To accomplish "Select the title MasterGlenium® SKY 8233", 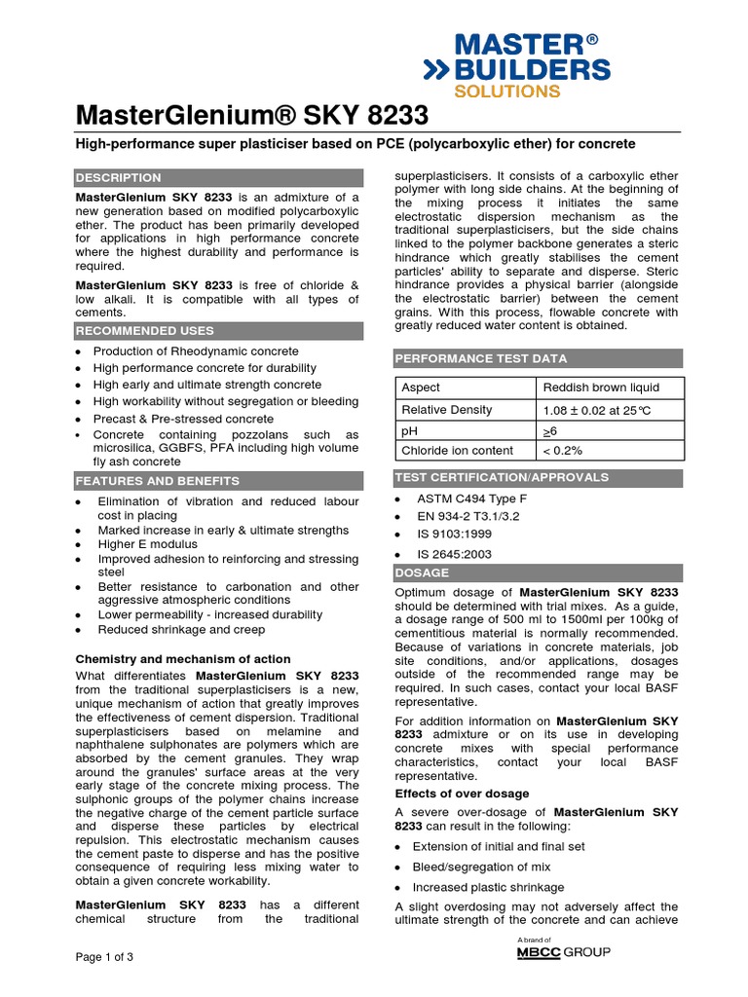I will point(252,116).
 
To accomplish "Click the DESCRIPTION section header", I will point(119,178).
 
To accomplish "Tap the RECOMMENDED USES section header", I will point(145,331).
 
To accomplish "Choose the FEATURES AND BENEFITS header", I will point(158,481).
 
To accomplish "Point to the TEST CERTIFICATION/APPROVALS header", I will point(501,477).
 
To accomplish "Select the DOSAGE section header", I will point(422,572).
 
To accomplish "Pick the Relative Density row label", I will point(447,410).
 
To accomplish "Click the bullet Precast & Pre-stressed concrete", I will point(183,419).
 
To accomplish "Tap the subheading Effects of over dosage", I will point(462,794).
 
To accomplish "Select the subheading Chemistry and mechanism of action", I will point(183,659).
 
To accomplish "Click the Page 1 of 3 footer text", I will point(105,956).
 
